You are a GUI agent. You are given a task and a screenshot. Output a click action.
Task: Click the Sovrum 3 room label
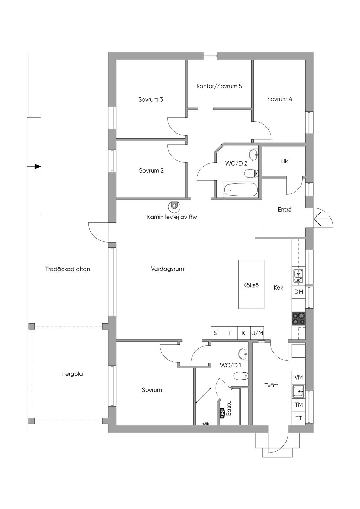pyautogui.click(x=150, y=99)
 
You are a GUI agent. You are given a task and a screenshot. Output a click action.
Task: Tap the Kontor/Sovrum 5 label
pyautogui.click(x=219, y=86)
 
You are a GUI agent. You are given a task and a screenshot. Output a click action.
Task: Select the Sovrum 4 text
pyautogui.click(x=279, y=99)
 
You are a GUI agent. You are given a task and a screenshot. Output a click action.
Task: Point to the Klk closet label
pyautogui.click(x=284, y=161)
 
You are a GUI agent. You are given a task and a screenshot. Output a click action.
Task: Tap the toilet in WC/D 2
pyautogui.click(x=251, y=174)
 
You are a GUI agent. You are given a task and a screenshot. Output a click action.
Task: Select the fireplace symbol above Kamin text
pyautogui.click(x=174, y=206)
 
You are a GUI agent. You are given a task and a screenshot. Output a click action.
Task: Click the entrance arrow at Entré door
pyautogui.click(x=320, y=219)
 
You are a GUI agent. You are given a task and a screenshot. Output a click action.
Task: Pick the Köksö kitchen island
pyautogui.click(x=251, y=284)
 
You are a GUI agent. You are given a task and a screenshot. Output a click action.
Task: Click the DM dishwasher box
pyautogui.click(x=298, y=292)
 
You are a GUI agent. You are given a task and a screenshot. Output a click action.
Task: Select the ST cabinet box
pyautogui.click(x=217, y=333)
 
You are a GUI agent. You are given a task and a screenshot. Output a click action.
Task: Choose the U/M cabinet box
pyautogui.click(x=257, y=333)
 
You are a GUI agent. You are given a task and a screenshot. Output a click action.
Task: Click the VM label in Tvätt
pyautogui.click(x=298, y=378)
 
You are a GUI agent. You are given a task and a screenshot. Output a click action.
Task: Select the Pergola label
pyautogui.click(x=72, y=374)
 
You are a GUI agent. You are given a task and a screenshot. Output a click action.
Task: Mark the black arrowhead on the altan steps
pyautogui.click(x=38, y=167)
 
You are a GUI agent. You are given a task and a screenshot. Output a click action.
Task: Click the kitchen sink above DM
pyautogui.click(x=298, y=275)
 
